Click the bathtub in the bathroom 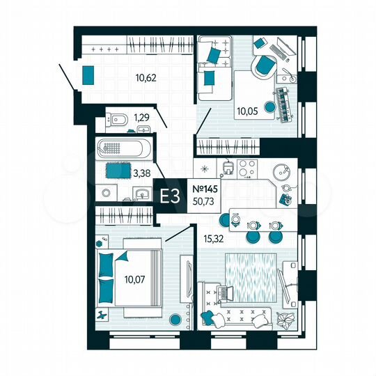pos(124,148)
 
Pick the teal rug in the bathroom pos(113,169)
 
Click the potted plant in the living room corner pos(285,320)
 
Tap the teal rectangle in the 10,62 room pos(88,75)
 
